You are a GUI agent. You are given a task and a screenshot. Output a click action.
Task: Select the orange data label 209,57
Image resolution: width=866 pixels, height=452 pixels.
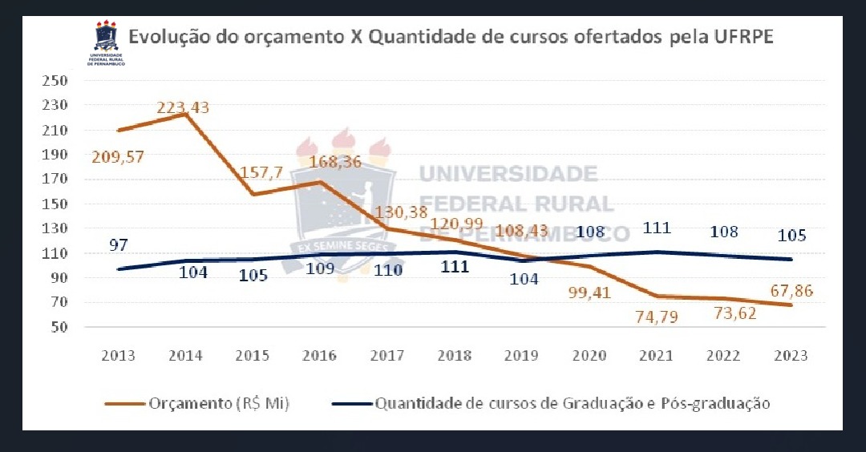(x=119, y=156)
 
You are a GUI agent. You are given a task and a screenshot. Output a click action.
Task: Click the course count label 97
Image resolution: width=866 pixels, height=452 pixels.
(x=119, y=245)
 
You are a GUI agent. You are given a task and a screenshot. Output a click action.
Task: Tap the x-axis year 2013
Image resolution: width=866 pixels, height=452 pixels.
(x=118, y=356)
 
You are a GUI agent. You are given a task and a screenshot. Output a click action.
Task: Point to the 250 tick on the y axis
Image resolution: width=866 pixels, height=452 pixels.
(x=55, y=81)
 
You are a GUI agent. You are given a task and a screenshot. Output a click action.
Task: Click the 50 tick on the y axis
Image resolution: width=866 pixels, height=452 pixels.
(x=59, y=328)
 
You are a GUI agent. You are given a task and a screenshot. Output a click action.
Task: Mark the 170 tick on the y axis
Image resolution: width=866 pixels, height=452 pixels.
(x=55, y=180)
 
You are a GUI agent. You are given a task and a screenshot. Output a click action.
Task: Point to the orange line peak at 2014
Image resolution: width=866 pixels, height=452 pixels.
(x=185, y=114)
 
